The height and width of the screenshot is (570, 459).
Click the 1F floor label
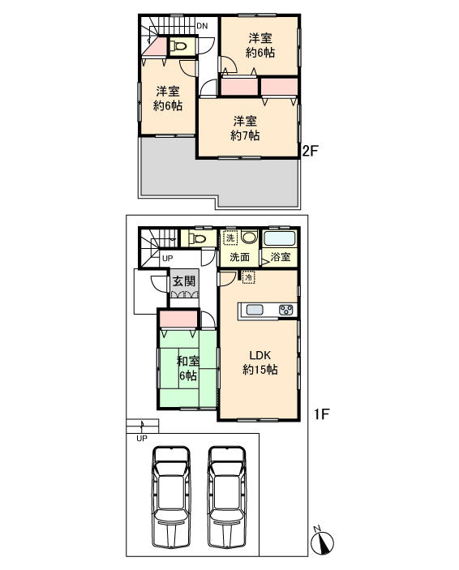coord(320,415)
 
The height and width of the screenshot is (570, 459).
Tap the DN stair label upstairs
coord(202,26)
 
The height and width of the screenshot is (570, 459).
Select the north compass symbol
coord(322,541)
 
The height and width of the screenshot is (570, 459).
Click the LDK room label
coord(259,354)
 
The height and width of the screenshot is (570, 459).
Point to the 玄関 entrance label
coord(182,281)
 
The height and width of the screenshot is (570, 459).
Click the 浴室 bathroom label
coord(281,258)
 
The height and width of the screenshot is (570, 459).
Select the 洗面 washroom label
coord(239,258)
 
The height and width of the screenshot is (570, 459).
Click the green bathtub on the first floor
coord(279,239)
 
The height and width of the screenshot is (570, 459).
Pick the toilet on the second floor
coord(180,47)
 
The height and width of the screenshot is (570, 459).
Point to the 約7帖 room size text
coord(244,136)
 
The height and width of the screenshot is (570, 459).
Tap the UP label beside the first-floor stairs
coord(167,259)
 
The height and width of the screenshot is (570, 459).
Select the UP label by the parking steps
coord(141,439)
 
